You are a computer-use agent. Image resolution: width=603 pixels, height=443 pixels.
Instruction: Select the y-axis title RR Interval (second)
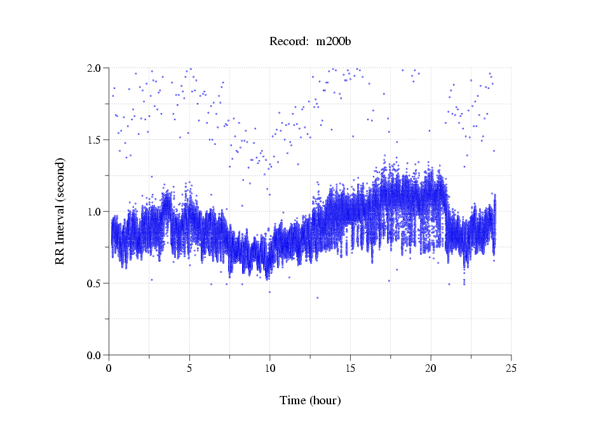(60, 211)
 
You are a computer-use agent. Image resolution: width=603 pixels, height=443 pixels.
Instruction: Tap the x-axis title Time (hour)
(310, 400)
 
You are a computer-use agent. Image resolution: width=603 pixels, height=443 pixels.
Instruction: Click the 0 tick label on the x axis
(109, 368)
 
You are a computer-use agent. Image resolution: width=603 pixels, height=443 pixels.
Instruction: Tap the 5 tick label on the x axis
(189, 368)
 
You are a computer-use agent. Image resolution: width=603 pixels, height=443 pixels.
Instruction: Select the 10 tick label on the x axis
(270, 368)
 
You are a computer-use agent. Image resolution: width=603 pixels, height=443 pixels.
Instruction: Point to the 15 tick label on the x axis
(350, 368)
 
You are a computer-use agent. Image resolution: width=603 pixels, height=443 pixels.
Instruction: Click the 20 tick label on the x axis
(431, 368)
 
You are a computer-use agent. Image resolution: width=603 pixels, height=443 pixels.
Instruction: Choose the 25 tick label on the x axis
(511, 368)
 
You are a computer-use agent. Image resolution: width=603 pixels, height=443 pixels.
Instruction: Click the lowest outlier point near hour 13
(317, 297)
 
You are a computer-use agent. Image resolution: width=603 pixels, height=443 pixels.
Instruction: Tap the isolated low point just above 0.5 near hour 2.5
(151, 280)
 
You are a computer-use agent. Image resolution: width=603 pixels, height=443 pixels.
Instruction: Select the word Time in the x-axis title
(293, 400)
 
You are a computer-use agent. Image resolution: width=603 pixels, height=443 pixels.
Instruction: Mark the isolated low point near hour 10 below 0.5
(269, 292)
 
